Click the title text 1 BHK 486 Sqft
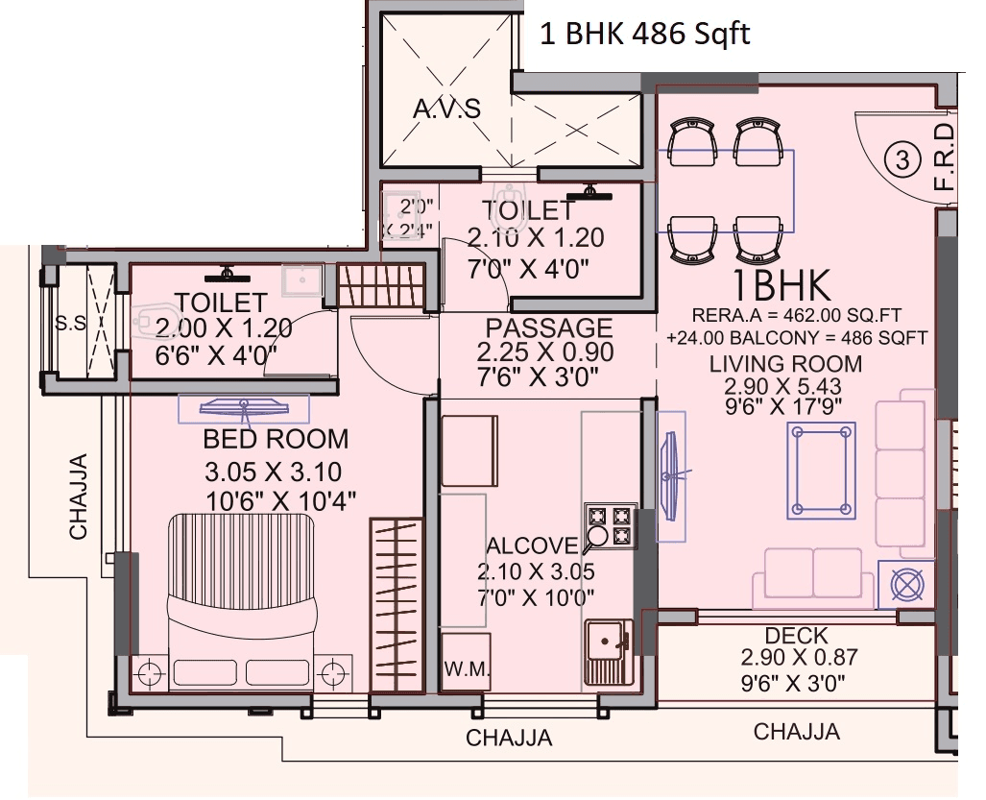pyautogui.click(x=644, y=35)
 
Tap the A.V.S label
pyautogui.click(x=446, y=109)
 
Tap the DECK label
pyautogui.click(x=796, y=636)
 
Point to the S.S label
pyautogui.click(x=70, y=325)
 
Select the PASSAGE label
pyautogui.click(x=548, y=328)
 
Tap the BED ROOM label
pyautogui.click(x=276, y=440)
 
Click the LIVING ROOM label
pyautogui.click(x=785, y=364)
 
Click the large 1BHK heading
pyautogui.click(x=781, y=285)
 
